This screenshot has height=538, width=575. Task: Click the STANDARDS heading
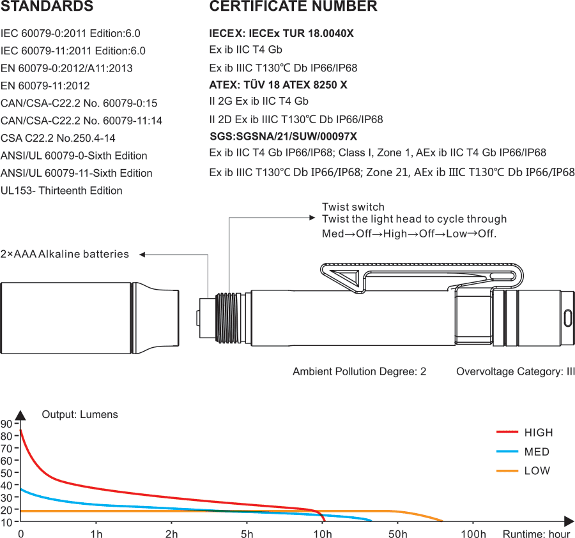pyautogui.click(x=47, y=7)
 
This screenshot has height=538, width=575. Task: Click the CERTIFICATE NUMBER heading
pyautogui.click(x=293, y=7)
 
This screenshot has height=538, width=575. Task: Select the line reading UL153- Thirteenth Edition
pyautogui.click(x=61, y=190)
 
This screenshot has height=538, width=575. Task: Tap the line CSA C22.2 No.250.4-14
pyautogui.click(x=58, y=138)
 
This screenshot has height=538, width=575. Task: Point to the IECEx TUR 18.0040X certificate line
pyautogui.click(x=281, y=33)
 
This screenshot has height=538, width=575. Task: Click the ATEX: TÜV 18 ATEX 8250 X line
pyautogui.click(x=278, y=84)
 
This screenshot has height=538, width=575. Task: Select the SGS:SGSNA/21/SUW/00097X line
pyautogui.click(x=283, y=136)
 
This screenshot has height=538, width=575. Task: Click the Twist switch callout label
pyautogui.click(x=353, y=207)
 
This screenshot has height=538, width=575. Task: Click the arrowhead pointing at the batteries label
pyautogui.click(x=142, y=255)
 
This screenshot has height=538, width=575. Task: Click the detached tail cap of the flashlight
pyautogui.click(x=89, y=317)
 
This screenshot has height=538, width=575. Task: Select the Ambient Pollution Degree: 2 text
pyautogui.click(x=359, y=371)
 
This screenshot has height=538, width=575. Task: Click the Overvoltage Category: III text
pyautogui.click(x=515, y=371)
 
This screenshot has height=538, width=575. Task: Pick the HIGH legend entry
pyautogui.click(x=538, y=433)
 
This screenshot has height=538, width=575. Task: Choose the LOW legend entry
pyautogui.click(x=537, y=471)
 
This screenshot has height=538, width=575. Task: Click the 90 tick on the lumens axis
pyautogui.click(x=6, y=424)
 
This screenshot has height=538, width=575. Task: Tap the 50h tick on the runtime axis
pyautogui.click(x=399, y=534)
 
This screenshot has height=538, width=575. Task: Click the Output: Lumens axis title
pyautogui.click(x=80, y=415)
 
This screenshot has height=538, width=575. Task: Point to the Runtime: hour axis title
pyautogui.click(x=536, y=534)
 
